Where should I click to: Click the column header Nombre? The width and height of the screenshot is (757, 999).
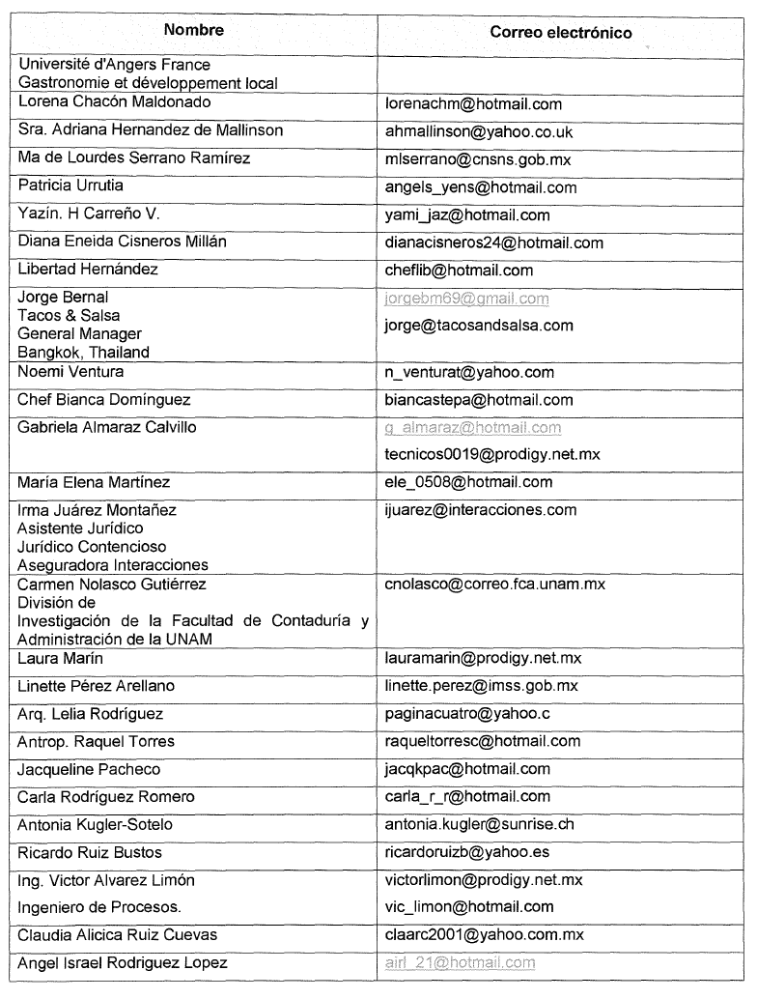pos(193,30)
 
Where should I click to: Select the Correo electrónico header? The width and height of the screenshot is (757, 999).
pos(560,33)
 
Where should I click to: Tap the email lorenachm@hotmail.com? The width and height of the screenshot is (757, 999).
pos(473,104)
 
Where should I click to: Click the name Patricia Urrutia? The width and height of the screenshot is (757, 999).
pos(70,186)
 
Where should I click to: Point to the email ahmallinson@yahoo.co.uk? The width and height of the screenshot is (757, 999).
pos(479,132)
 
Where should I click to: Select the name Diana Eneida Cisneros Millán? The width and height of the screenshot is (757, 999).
pos(122,242)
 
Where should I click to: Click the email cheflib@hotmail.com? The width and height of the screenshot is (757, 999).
pos(459,271)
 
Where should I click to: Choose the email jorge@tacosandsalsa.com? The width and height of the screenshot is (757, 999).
pos(479,326)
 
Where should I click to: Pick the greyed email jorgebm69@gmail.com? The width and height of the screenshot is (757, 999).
pos(466,299)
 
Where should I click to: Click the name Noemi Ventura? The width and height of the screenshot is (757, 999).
pos(70,372)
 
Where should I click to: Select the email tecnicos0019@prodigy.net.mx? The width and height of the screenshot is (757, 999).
pos(492,454)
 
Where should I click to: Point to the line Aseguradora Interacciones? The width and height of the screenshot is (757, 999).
pos(113,565)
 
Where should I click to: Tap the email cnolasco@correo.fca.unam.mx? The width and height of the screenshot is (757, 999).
pos(495,585)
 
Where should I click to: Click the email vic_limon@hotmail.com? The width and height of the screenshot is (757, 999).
pos(469,906)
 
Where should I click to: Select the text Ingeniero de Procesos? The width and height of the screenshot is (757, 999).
pos(99,907)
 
